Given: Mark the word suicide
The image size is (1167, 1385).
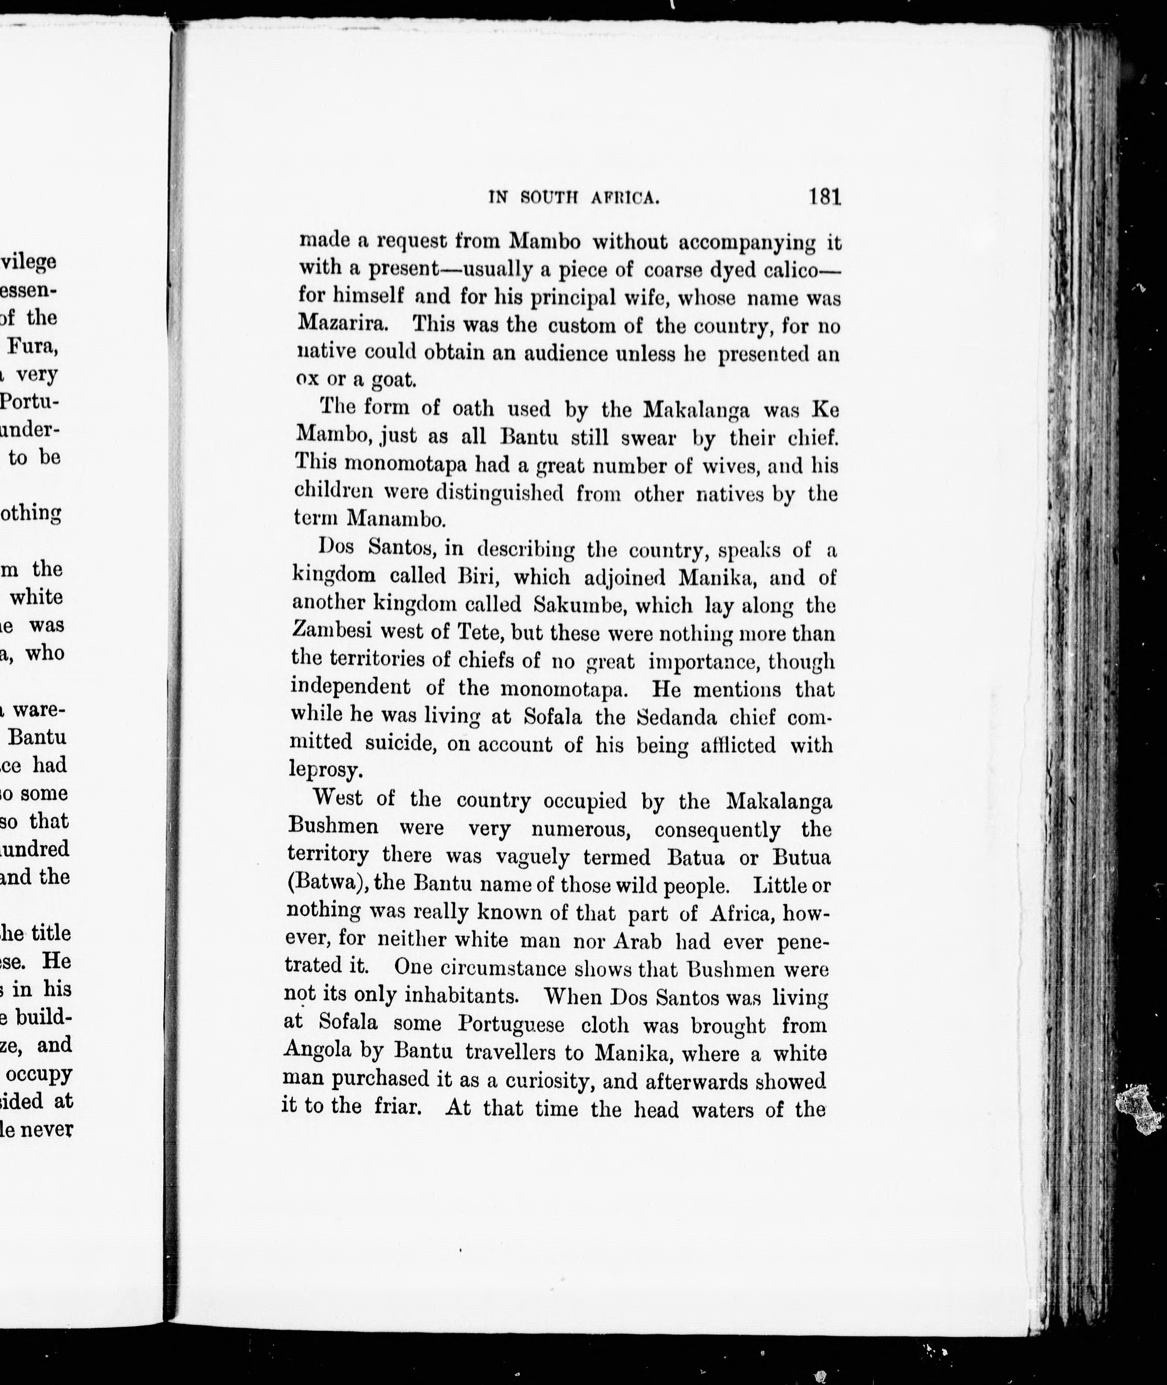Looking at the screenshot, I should click(x=400, y=744).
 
